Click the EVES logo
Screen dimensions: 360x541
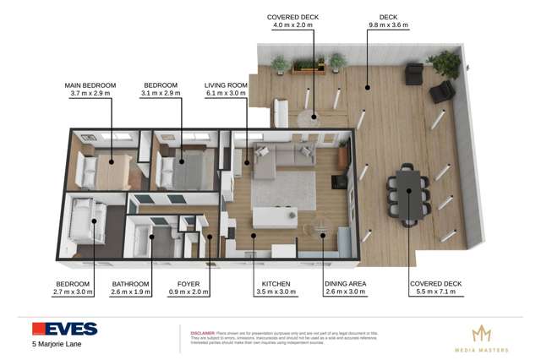click(64, 329)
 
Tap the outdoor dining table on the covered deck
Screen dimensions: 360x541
click(407, 194)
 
